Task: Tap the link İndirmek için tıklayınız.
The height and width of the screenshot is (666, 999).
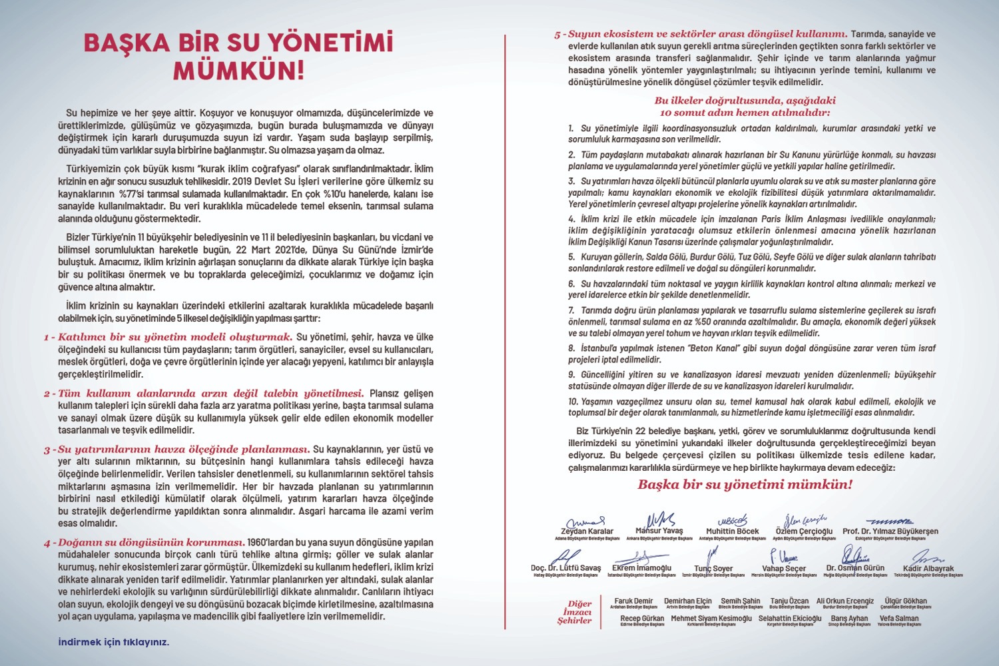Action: point(113,642)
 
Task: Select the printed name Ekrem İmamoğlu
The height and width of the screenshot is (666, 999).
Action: point(641,568)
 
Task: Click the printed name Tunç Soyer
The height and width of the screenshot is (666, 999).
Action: point(713,569)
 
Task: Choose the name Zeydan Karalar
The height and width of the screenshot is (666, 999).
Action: point(587,531)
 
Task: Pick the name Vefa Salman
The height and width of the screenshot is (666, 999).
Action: point(898,618)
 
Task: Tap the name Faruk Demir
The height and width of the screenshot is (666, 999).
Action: point(633,601)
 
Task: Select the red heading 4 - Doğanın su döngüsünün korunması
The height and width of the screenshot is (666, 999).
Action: point(145,542)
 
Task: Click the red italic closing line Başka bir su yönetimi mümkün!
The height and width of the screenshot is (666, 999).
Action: point(745,485)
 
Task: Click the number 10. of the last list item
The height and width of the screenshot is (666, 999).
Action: point(573,402)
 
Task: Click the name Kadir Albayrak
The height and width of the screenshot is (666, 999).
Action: point(928,569)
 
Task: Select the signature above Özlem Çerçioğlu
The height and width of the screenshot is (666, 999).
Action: point(804,519)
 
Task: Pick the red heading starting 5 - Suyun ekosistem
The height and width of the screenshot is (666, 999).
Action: point(701,33)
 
